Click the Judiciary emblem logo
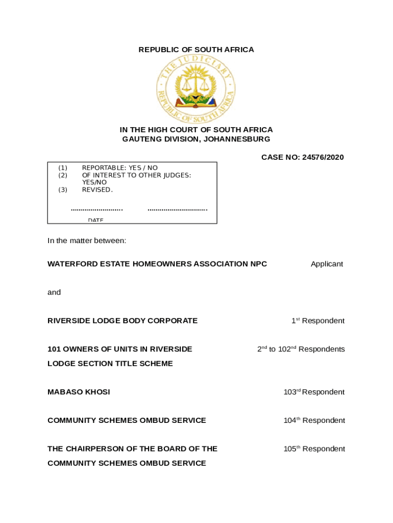[x=196, y=89]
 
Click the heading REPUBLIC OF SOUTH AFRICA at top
[x=196, y=50]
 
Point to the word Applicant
[x=327, y=264]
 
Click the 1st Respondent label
[x=317, y=321]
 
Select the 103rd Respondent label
[x=314, y=392]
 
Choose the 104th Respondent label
[x=314, y=420]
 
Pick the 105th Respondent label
[x=314, y=449]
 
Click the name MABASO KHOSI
[x=79, y=392]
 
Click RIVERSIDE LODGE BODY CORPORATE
[x=122, y=321]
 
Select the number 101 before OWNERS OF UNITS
[x=54, y=349]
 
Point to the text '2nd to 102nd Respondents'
[x=301, y=349]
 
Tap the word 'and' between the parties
[x=54, y=293]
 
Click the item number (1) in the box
[x=62, y=168]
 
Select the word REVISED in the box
[x=96, y=190]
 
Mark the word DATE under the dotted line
[x=95, y=220]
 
